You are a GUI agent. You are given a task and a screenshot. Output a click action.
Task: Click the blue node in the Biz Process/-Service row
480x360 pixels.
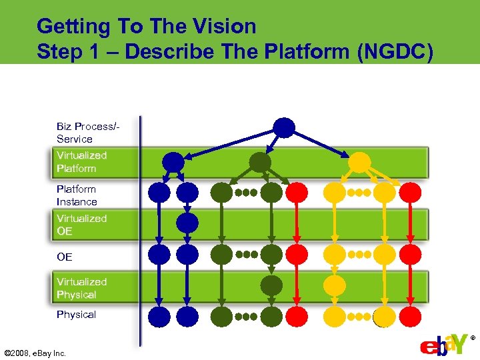tap(284, 127)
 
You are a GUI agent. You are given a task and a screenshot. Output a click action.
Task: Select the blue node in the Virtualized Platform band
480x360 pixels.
tap(173, 162)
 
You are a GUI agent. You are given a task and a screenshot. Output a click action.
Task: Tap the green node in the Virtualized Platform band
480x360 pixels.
tap(260, 162)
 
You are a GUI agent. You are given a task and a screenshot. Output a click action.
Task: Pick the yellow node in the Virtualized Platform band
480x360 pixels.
tap(359, 162)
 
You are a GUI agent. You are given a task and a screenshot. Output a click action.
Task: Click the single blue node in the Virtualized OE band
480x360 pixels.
tap(188, 223)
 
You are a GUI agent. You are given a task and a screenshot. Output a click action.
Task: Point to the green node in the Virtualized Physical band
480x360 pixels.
tap(271, 285)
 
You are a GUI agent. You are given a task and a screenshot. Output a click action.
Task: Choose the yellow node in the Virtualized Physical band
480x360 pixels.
tap(335, 285)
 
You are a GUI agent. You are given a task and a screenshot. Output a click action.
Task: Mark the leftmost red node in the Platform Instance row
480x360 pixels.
tap(297, 193)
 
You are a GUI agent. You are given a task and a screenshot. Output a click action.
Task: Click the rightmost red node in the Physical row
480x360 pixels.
tap(411, 317)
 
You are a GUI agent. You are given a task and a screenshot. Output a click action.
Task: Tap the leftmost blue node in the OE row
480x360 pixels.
tap(160, 254)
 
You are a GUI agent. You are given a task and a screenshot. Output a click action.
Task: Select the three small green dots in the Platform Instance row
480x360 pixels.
tap(245, 193)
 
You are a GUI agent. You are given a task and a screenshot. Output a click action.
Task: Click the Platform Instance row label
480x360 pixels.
tap(77, 195)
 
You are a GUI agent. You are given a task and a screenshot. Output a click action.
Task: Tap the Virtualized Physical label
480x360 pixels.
tap(81, 288)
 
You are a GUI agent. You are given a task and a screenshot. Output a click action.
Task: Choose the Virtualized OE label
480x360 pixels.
tap(81, 225)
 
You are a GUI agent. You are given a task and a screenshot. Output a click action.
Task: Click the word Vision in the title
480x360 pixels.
tap(223, 27)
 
